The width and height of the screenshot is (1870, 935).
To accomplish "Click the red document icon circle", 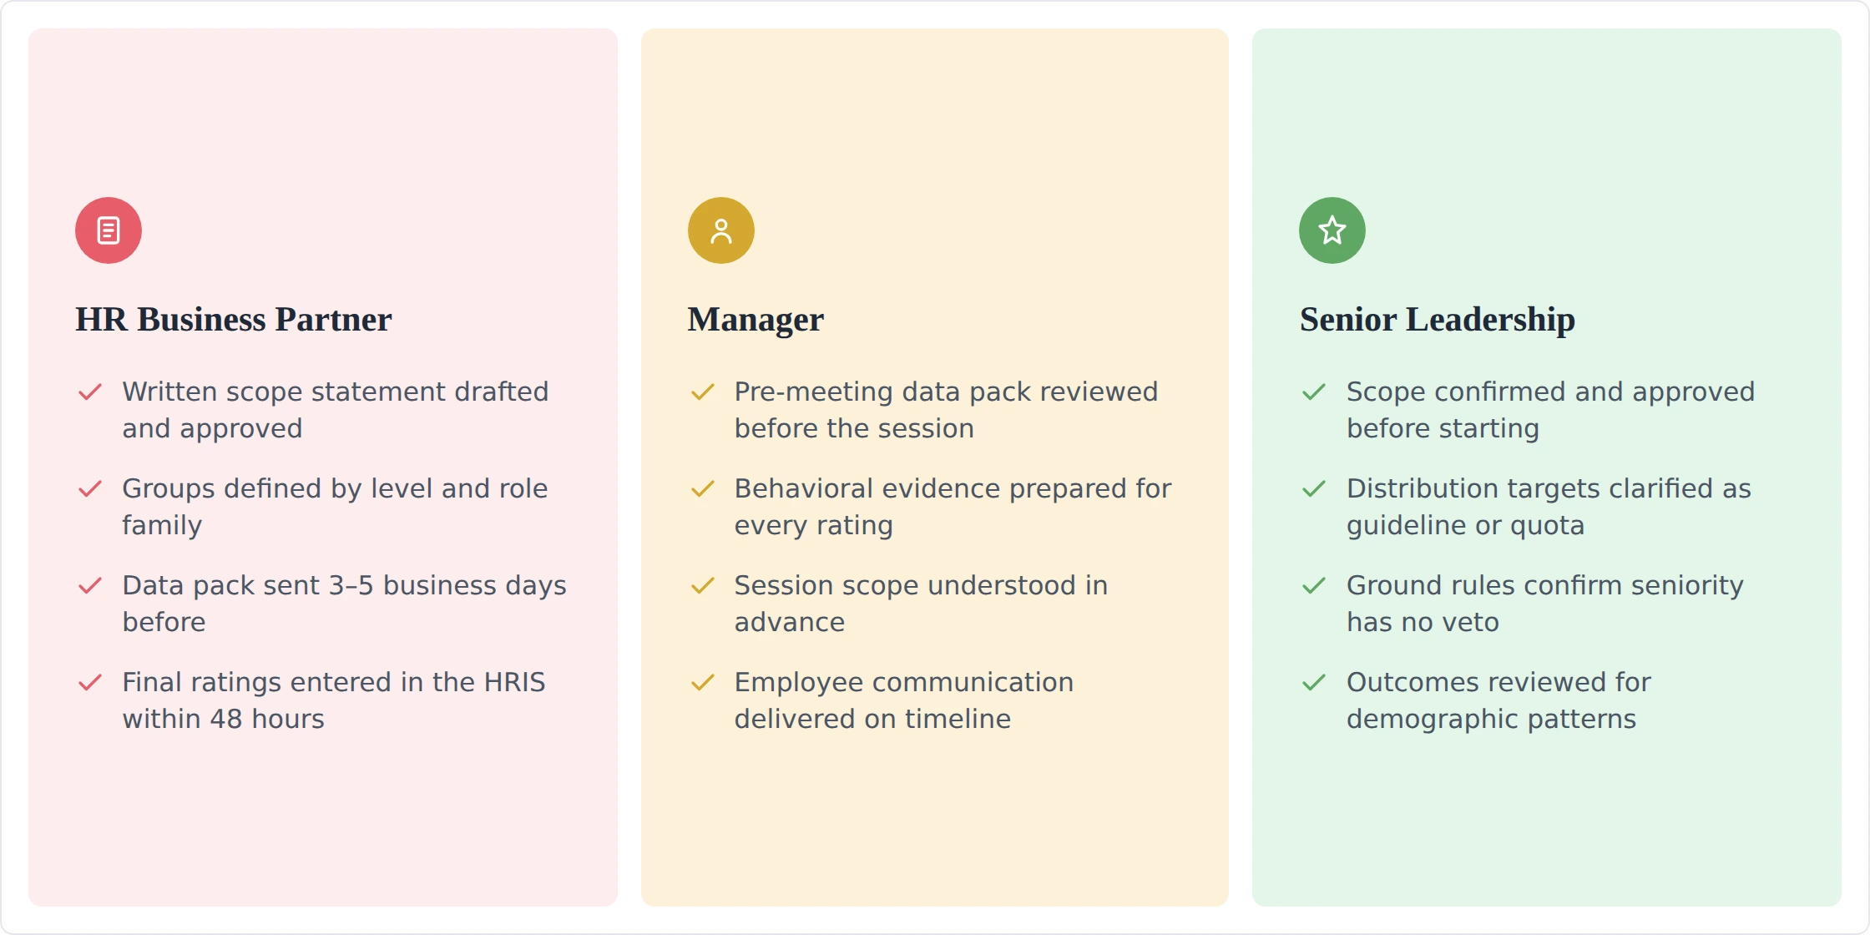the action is coord(109,230).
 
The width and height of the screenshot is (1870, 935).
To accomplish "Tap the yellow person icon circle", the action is coord(721,230).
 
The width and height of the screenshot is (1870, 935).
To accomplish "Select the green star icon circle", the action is coord(1332,230).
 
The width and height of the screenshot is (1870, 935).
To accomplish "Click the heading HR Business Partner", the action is coord(234,320).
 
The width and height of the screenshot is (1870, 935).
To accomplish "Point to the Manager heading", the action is coord(756,320).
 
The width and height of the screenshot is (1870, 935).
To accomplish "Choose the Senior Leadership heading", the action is coord(1438,320).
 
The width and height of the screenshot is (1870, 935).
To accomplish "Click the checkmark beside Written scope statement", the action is coord(90,392).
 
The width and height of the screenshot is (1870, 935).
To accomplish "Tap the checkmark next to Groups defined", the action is coord(90,488).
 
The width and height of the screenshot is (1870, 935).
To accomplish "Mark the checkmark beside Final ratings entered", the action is coord(90,682).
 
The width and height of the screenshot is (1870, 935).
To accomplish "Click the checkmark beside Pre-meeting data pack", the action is coord(703,392).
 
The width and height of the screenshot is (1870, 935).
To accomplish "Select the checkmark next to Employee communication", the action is coord(703,682).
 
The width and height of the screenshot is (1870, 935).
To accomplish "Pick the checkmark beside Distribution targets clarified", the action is coord(1314,488).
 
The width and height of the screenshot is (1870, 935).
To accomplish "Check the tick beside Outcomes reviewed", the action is coord(1314,682).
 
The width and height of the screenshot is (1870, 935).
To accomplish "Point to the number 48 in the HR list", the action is coord(226,719).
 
